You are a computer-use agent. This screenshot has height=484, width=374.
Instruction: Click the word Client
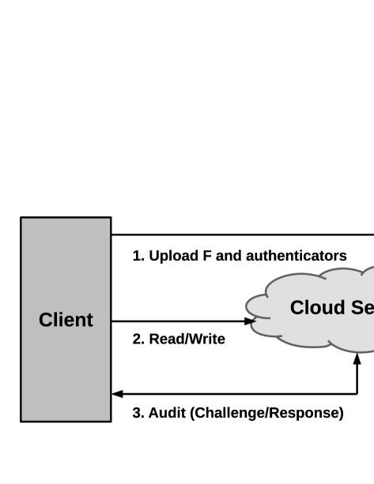[x=66, y=320]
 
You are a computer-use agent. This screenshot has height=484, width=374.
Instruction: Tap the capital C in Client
[x=45, y=320]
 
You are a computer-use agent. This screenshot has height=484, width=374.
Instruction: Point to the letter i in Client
[x=60, y=320]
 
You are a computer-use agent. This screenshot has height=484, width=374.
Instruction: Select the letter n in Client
[x=80, y=321]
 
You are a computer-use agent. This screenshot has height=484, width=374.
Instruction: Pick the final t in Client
[x=89, y=321]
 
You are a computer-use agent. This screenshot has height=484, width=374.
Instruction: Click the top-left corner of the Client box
[x=22, y=219]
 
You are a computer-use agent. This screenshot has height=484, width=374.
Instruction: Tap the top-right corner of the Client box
[x=109, y=219]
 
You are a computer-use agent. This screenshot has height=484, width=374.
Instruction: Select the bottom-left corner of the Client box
[x=22, y=420]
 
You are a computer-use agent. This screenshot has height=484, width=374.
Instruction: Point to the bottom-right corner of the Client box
[x=109, y=420]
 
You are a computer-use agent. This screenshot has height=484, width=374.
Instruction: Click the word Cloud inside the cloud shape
[x=313, y=308]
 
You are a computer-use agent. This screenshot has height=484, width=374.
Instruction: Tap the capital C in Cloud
[x=297, y=308]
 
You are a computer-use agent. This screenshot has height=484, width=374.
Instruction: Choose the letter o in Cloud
[x=315, y=310]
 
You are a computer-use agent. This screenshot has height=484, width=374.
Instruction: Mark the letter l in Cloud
[x=307, y=308]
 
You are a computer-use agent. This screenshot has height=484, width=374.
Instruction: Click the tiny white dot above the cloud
[x=247, y=267]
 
